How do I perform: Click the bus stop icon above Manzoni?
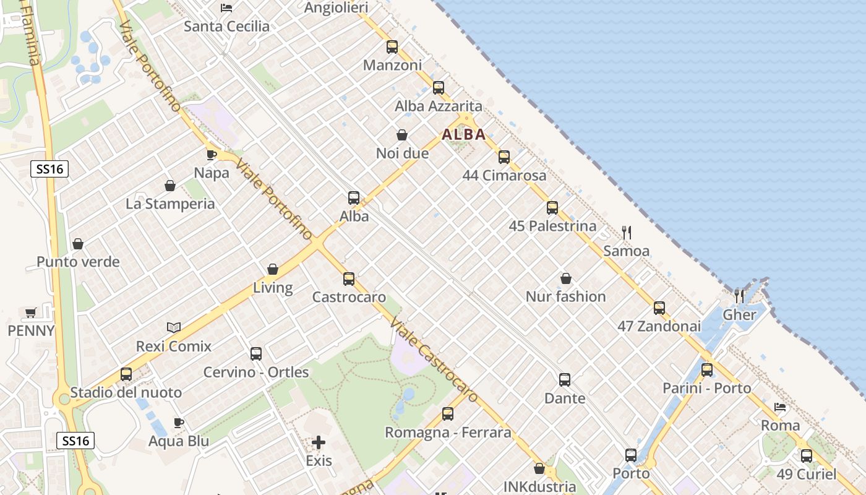point(392,47)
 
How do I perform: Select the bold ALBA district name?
point(463,134)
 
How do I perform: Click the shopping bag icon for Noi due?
point(402,135)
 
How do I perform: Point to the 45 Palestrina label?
point(552,226)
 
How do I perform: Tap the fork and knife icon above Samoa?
point(627,233)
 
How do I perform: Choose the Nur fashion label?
point(565,296)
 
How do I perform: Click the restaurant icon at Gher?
point(739,296)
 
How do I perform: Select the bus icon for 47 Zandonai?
point(659,308)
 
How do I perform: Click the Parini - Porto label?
point(706,388)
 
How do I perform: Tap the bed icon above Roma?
point(780,407)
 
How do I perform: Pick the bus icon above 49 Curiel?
point(807,456)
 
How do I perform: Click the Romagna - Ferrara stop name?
point(448,432)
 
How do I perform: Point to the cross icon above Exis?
point(319,442)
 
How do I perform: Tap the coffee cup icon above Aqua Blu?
point(179,423)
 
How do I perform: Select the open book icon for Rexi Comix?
point(174,327)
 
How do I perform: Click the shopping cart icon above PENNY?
point(31,312)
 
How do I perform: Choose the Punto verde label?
point(78,262)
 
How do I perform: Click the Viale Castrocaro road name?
point(433,359)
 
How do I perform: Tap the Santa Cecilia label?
point(227,26)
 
